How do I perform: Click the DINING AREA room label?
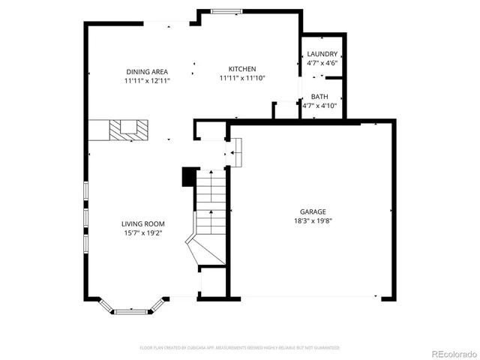coord(148,71)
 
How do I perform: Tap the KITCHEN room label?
coord(241,68)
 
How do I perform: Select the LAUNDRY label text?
coord(322,54)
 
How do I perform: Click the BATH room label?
coord(319,97)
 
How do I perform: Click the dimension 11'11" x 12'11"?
coord(148,80)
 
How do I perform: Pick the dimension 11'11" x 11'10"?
coord(241,77)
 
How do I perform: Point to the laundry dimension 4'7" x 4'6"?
coord(322,63)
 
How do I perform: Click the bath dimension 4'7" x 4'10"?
coord(319,106)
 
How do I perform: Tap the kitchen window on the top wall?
coord(226,10)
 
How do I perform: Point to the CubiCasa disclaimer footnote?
coord(239,348)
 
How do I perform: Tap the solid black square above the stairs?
coord(188,176)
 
